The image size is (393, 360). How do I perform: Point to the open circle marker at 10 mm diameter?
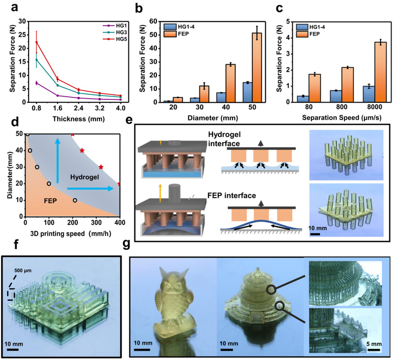75,200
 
